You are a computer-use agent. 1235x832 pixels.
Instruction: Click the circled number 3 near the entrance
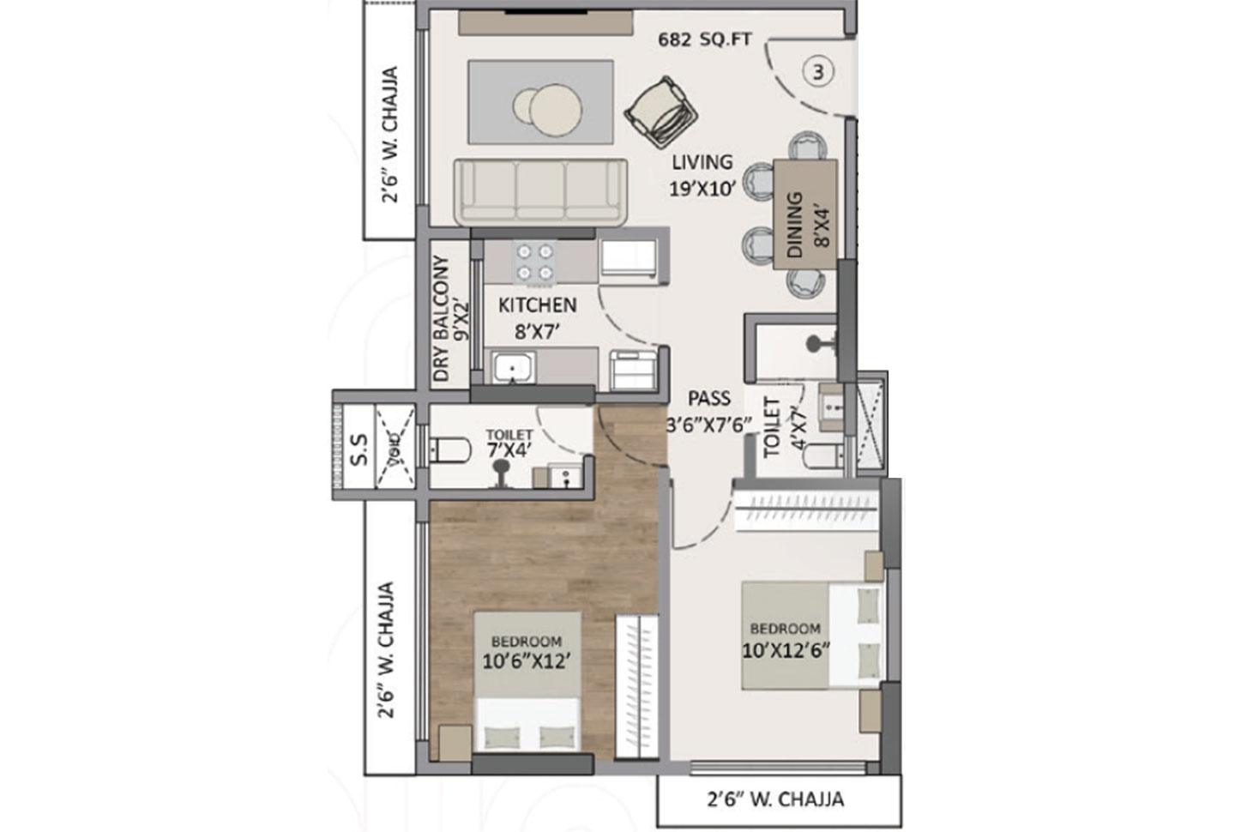click(818, 72)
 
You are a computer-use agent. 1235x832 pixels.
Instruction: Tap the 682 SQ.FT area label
click(704, 39)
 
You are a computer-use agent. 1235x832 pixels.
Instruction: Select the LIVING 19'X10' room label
click(702, 175)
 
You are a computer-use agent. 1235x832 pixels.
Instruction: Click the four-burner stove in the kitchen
click(533, 262)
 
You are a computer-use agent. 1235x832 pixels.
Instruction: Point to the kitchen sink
click(513, 368)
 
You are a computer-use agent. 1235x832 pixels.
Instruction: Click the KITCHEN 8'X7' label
click(538, 317)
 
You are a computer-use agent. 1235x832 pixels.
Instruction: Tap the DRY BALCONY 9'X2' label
click(451, 318)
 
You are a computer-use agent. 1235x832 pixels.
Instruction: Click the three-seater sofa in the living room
click(540, 192)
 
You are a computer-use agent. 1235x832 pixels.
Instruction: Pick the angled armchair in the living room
click(661, 112)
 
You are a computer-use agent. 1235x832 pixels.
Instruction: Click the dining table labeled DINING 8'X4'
click(804, 214)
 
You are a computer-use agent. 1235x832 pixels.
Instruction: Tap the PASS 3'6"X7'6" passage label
click(709, 411)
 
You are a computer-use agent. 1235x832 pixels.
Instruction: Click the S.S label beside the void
click(360, 449)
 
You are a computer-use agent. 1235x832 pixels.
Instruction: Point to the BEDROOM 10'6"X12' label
click(526, 652)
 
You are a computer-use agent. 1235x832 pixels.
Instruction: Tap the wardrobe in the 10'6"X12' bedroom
click(636, 686)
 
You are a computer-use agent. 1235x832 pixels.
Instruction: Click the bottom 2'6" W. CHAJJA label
click(775, 799)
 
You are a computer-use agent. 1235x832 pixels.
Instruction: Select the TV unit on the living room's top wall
click(546, 23)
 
